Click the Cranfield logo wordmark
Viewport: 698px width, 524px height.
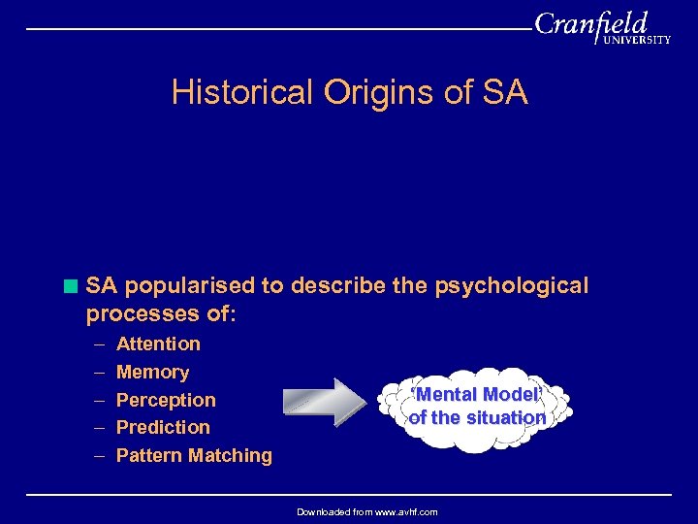pos(591,25)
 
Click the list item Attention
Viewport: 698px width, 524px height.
pos(158,344)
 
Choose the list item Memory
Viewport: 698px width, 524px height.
pos(152,372)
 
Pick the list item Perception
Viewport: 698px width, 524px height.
pos(166,400)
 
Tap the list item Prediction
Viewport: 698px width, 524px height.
pos(163,427)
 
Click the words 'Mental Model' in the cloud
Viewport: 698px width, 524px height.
pos(475,395)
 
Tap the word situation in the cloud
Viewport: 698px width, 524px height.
pos(503,418)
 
